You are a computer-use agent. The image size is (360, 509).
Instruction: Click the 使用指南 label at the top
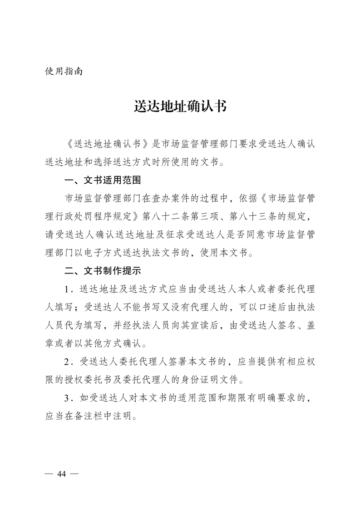64,71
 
